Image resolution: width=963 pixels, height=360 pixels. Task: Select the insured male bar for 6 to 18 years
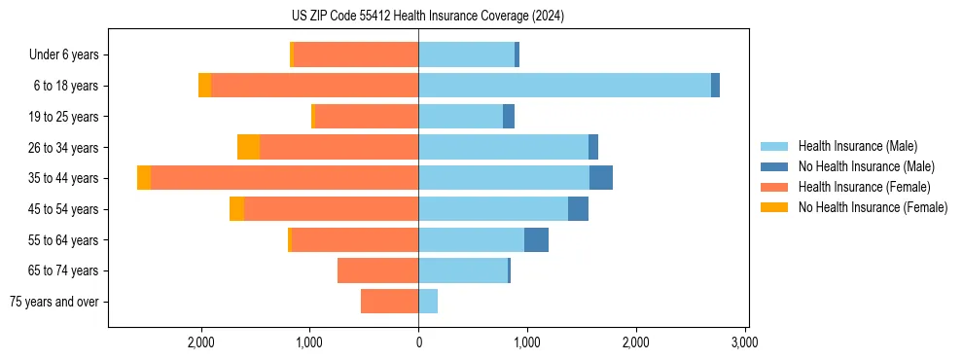pos(564,86)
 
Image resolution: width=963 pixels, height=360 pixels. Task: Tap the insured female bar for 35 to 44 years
pos(284,178)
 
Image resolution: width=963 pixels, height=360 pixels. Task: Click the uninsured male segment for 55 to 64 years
pos(536,239)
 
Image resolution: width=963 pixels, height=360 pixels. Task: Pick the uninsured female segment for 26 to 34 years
pos(248,147)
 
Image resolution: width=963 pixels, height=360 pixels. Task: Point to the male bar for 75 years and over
pos(428,302)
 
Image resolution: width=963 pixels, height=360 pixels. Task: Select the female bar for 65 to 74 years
pos(377,270)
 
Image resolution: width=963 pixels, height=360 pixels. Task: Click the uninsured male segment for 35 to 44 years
pos(600,178)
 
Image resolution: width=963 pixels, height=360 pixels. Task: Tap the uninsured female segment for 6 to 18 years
pos(204,86)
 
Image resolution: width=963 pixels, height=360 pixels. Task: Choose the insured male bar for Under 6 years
pos(466,54)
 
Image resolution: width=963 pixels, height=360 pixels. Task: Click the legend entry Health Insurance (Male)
pos(857,146)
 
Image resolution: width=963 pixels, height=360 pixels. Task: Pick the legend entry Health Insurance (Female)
pos(864,187)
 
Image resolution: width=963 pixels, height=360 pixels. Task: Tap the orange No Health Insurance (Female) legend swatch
pos(775,207)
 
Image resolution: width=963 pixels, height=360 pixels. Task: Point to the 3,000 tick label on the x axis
pos(744,342)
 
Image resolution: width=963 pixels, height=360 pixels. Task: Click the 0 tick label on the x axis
pos(418,342)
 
